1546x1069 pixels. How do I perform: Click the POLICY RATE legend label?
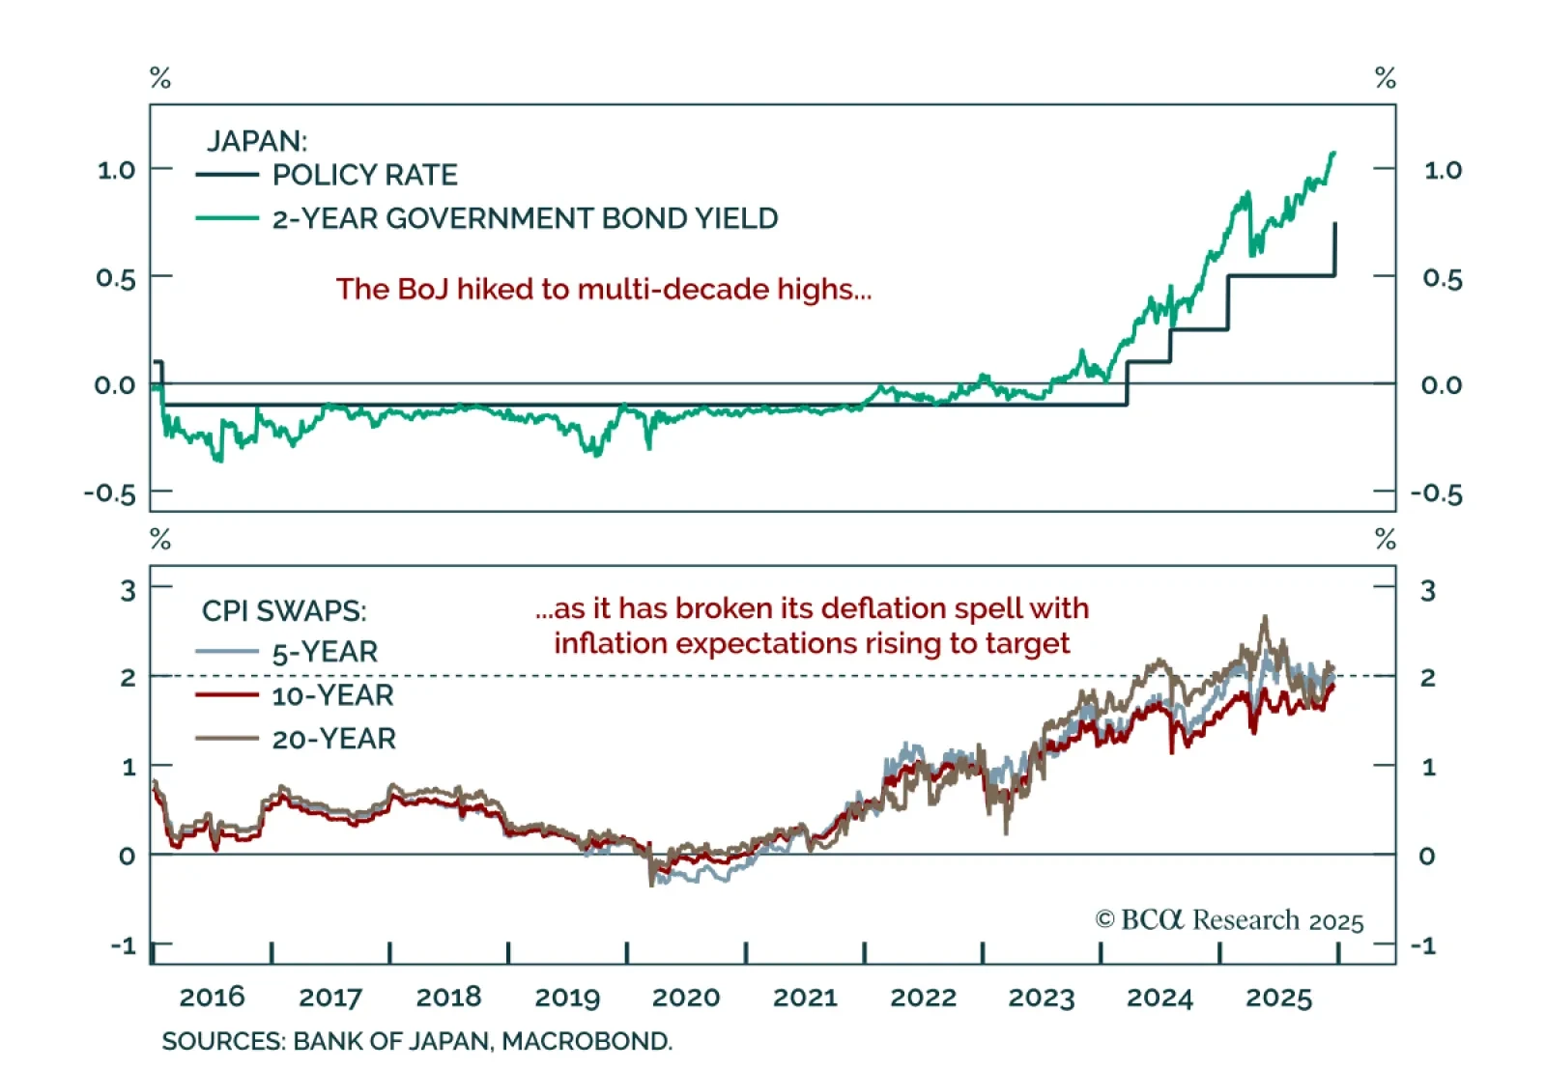(x=364, y=175)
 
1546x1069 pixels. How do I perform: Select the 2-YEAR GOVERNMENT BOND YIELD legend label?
(x=525, y=218)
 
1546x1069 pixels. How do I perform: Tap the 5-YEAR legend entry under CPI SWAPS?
(x=325, y=652)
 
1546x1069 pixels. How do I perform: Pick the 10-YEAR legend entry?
(x=332, y=695)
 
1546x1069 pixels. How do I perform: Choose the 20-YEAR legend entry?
(x=333, y=739)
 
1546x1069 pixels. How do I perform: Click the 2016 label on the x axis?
(x=213, y=998)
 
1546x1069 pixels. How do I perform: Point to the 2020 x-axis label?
(x=686, y=998)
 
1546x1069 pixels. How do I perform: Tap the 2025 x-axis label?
(x=1278, y=998)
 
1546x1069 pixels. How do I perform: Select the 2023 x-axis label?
(x=1042, y=998)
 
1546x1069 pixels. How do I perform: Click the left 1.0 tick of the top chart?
(x=116, y=171)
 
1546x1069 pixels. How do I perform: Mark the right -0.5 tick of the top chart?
(x=1437, y=494)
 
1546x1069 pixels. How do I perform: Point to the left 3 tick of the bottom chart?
(x=128, y=590)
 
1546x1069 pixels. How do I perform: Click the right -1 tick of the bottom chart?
(x=1422, y=945)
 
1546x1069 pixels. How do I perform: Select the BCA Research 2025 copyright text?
(x=1229, y=920)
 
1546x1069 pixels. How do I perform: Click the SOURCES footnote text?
(x=416, y=1041)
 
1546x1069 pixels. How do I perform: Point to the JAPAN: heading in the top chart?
(x=257, y=141)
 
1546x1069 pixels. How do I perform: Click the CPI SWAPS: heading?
(x=284, y=611)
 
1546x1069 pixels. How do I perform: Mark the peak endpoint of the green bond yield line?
(x=1333, y=153)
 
